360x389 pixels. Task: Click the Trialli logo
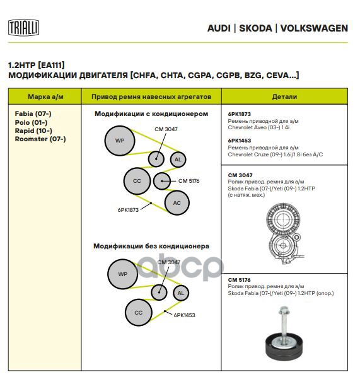point(24,28)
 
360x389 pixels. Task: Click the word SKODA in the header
point(255,28)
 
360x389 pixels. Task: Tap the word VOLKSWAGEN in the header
point(314,28)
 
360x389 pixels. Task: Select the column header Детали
point(284,96)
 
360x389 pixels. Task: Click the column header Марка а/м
point(45,96)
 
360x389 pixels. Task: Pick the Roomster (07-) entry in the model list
point(40,139)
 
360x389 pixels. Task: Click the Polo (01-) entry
point(31,122)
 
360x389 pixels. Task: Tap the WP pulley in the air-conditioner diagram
point(120,141)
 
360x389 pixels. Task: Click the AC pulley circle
point(177,202)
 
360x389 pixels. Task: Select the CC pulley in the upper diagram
point(137,181)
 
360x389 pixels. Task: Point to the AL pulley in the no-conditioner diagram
point(181,293)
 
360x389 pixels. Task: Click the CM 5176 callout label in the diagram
point(189,181)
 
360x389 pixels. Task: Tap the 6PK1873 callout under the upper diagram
point(128,210)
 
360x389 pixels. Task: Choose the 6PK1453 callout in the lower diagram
point(184,315)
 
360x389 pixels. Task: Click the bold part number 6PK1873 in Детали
point(240,114)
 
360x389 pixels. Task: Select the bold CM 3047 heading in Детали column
point(240,175)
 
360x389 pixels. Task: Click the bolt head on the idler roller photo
point(283,311)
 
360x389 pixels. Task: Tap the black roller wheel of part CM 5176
point(284,346)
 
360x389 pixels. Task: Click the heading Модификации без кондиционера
point(151,246)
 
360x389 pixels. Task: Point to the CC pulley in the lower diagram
point(139,313)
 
